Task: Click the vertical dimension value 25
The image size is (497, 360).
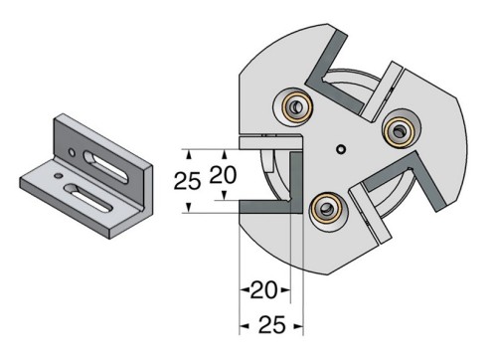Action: (187, 181)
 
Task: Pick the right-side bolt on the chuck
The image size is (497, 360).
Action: (399, 127)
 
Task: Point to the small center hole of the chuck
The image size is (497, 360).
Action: (341, 150)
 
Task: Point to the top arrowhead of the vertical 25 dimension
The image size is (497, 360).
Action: (189, 152)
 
